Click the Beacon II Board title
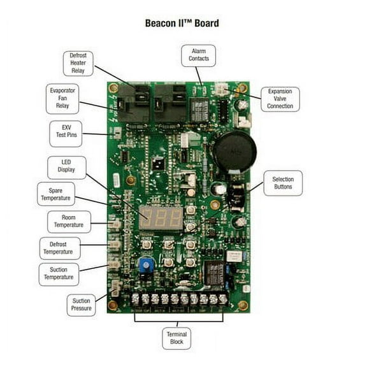tap(183, 24)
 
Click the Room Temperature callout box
tap(69, 222)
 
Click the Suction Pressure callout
tap(82, 305)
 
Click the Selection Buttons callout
tap(283, 183)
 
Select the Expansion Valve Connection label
tap(280, 99)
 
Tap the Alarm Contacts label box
tap(198, 55)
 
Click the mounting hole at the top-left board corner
tap(114, 87)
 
